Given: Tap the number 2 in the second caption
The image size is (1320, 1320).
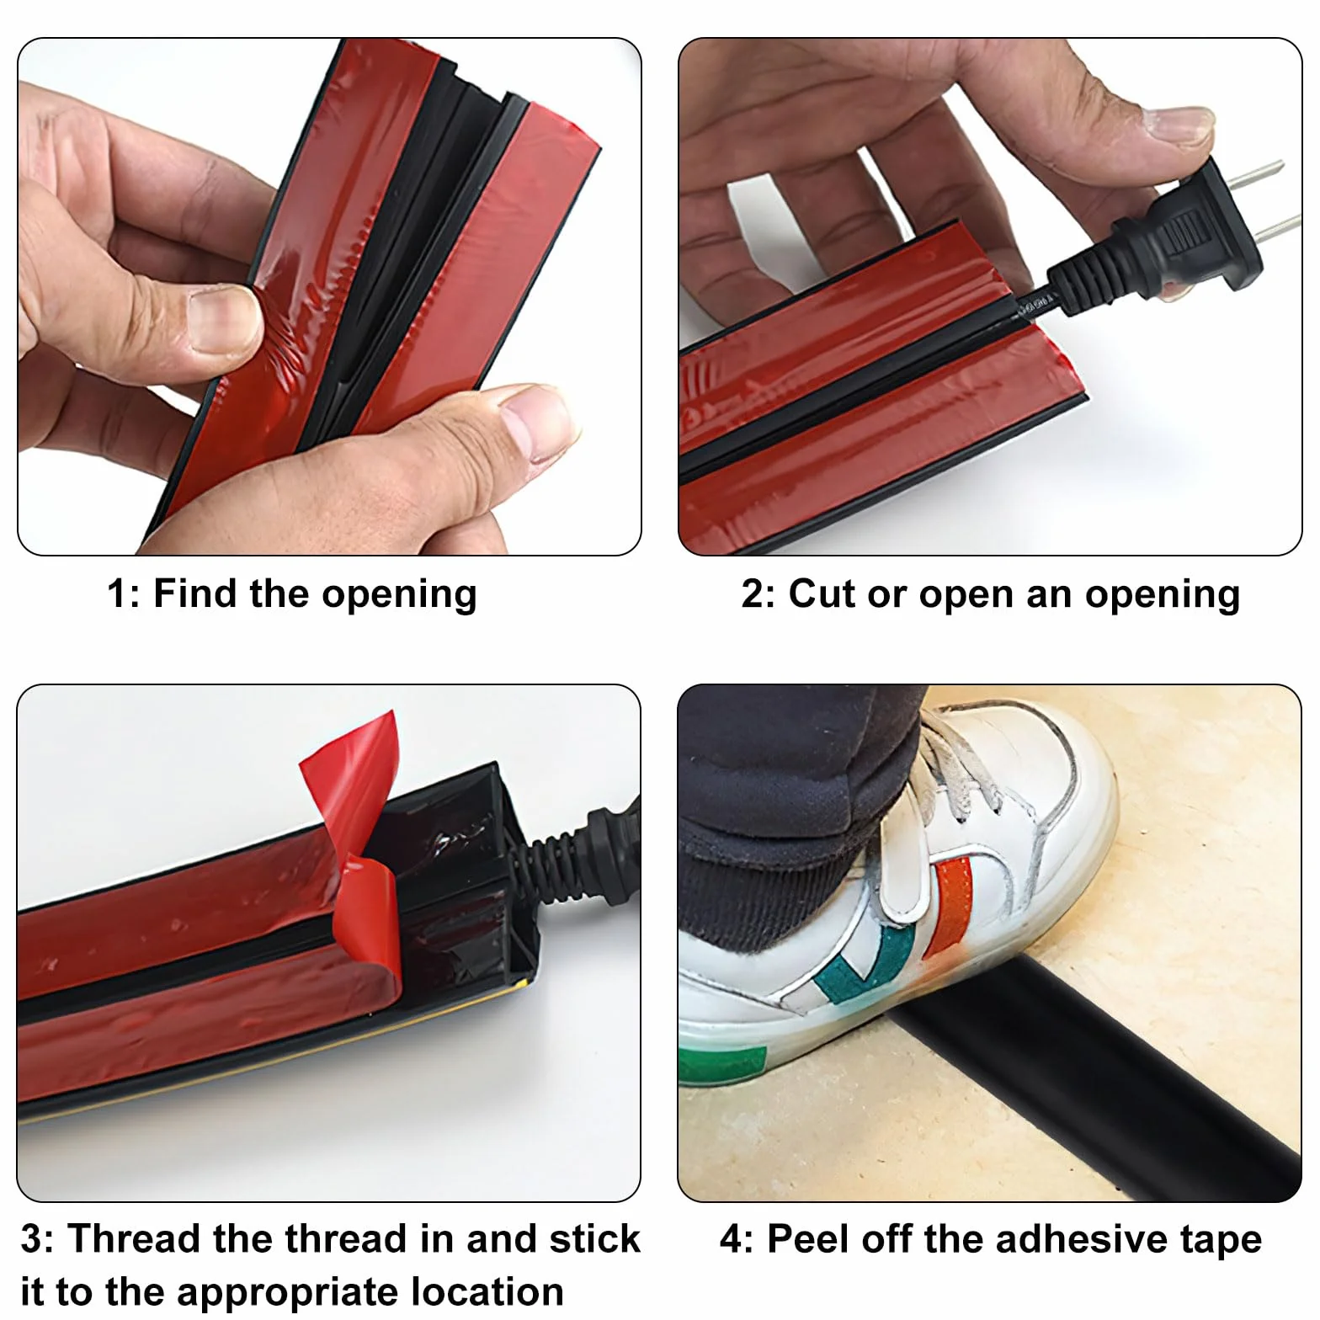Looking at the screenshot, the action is click(x=753, y=594).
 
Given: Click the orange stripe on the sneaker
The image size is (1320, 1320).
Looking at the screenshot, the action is click(x=949, y=905).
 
